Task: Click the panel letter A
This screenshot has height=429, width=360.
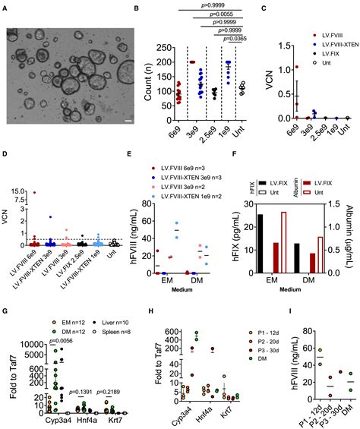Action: coord(7,8)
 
